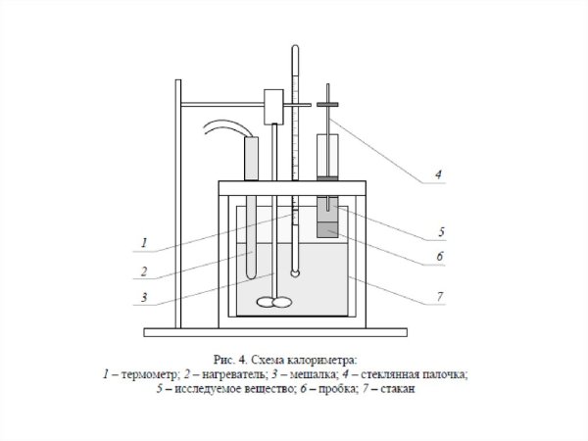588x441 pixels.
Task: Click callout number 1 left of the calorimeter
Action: pyautogui.click(x=143, y=241)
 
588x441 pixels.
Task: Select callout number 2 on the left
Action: pyautogui.click(x=143, y=271)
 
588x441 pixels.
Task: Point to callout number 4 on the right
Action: pyautogui.click(x=439, y=175)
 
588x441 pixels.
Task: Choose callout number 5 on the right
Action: pyautogui.click(x=441, y=232)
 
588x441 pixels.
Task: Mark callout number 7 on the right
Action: pyautogui.click(x=441, y=293)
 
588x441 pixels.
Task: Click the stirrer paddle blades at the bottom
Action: pyautogui.click(x=272, y=303)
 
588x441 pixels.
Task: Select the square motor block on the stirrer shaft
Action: pyautogui.click(x=273, y=107)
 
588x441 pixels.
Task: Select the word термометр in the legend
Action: pyautogui.click(x=145, y=373)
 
